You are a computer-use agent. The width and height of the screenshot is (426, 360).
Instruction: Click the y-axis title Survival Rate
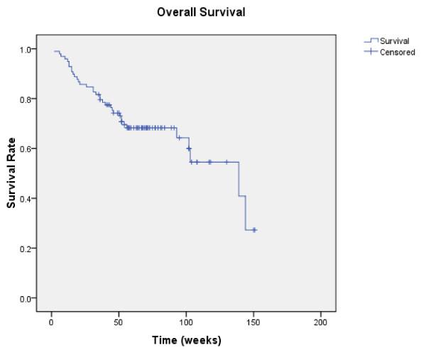click(x=12, y=173)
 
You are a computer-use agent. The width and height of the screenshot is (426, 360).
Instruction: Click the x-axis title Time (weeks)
click(x=186, y=340)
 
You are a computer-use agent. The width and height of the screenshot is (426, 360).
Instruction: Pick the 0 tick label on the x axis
click(x=51, y=323)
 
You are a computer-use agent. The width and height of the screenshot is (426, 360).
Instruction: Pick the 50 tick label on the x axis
click(x=119, y=323)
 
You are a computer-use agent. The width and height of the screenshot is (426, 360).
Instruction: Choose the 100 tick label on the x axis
click(x=186, y=323)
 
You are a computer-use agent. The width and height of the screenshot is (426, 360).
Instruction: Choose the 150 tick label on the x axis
click(x=253, y=323)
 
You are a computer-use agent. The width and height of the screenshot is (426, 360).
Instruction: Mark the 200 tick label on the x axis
click(x=321, y=323)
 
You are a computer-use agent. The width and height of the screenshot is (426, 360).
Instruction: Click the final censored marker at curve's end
click(x=254, y=230)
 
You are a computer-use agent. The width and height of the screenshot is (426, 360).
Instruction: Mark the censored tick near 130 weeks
click(x=226, y=162)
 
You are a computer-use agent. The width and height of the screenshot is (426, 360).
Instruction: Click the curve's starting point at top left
click(x=54, y=50)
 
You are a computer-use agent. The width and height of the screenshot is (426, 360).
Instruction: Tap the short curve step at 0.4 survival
click(x=241, y=196)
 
